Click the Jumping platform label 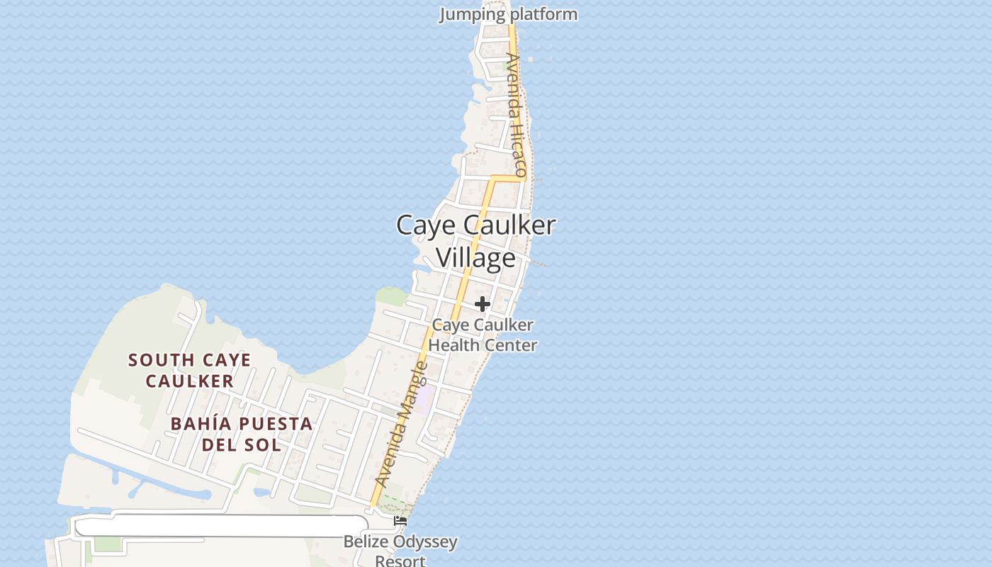508,14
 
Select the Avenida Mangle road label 401,425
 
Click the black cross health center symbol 483,304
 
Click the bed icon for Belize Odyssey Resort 400,521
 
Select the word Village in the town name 475,258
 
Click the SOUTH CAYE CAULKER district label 190,371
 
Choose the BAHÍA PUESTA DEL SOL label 242,434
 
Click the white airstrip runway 220,526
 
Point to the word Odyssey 425,543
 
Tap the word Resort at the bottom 400,561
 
